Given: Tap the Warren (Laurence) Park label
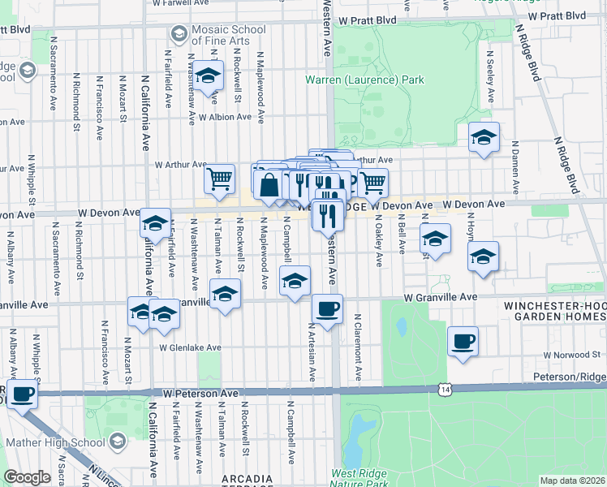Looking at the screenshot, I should [364, 80].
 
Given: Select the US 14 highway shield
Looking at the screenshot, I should [444, 390].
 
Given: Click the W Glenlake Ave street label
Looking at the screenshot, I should [190, 347].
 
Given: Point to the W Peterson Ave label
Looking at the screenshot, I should [200, 393].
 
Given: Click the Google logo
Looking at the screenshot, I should [28, 476].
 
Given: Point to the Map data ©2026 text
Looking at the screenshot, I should [571, 480].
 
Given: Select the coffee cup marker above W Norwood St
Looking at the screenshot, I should [463, 341].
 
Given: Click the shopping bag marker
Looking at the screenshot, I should [269, 184].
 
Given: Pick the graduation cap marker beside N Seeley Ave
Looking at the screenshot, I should [483, 137].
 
